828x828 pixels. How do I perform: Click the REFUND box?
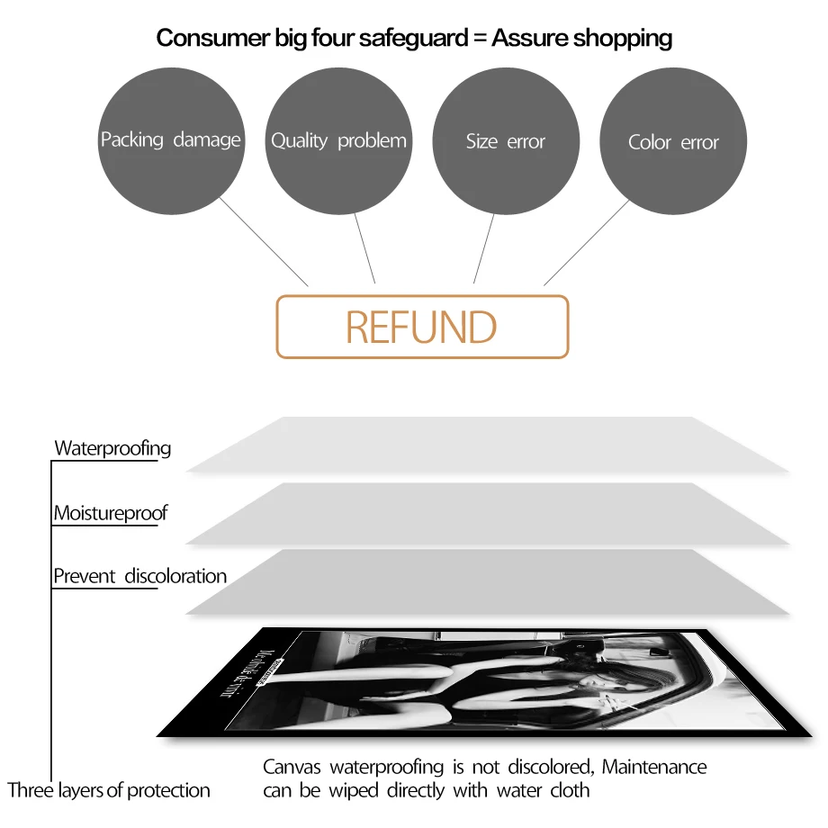click(x=422, y=327)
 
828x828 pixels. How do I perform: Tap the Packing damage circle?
click(x=171, y=140)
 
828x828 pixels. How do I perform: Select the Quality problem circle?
click(x=338, y=140)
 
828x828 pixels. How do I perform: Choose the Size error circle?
click(x=506, y=141)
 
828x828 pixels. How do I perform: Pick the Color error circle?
click(x=673, y=142)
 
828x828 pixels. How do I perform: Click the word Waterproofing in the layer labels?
click(x=112, y=448)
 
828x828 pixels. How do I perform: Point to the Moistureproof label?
click(x=110, y=514)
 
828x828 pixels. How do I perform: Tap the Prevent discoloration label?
click(x=139, y=576)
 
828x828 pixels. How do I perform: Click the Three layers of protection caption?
click(x=109, y=790)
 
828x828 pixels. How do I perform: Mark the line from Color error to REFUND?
click(x=587, y=242)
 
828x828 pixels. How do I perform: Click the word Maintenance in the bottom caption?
click(x=654, y=767)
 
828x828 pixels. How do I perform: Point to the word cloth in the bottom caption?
click(x=570, y=790)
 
